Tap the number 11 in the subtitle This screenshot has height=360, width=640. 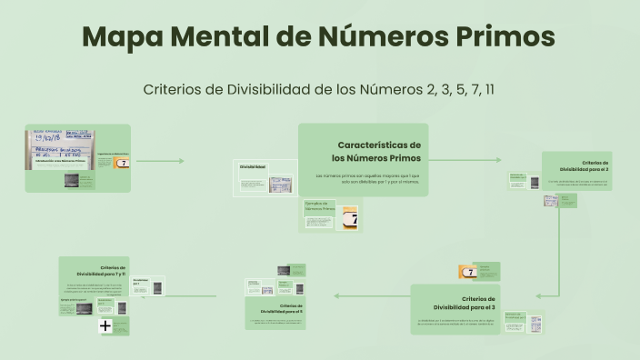[489, 89]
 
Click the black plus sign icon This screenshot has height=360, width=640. [105, 325]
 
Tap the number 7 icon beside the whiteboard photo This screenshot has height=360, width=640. [123, 164]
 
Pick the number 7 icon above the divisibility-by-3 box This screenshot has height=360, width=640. [469, 272]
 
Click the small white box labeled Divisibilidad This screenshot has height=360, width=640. [253, 168]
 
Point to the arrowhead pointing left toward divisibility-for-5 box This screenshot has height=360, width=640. [336, 295]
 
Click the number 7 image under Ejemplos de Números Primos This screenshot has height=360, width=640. [348, 219]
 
